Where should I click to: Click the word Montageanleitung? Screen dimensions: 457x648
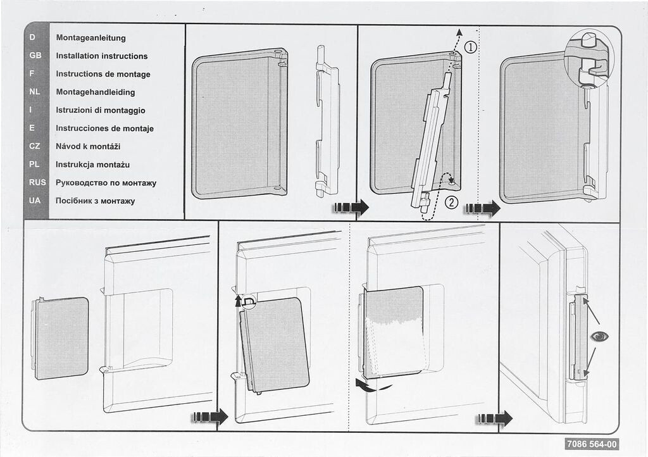(90, 38)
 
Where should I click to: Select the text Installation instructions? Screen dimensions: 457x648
(101, 56)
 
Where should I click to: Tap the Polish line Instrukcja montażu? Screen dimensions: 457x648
(92, 165)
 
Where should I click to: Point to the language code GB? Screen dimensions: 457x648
(35, 56)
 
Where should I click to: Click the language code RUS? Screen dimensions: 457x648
(35, 183)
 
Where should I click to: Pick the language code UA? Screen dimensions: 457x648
(35, 201)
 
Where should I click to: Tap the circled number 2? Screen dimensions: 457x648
(451, 203)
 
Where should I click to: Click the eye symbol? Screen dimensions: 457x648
(597, 336)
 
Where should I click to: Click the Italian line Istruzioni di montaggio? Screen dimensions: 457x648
(100, 110)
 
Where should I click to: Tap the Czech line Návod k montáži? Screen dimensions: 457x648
(87, 146)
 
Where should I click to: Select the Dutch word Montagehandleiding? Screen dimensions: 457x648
(95, 92)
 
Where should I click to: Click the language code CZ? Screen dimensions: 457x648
(35, 146)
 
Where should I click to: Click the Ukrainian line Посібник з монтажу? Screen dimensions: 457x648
(95, 201)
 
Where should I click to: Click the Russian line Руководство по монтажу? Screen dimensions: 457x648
(106, 183)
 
